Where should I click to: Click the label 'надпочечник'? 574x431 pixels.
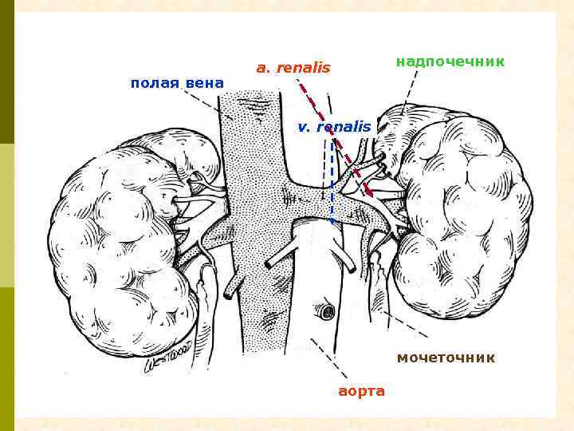[450, 61]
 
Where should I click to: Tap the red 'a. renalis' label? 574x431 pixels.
[293, 68]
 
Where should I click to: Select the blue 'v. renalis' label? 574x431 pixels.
[334, 127]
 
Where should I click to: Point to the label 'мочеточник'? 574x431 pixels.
[446, 358]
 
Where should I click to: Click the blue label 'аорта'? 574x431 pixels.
[361, 391]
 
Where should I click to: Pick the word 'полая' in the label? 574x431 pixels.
[155, 83]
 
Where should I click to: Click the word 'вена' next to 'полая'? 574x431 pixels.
[205, 83]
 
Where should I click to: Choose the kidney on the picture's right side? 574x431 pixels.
[462, 215]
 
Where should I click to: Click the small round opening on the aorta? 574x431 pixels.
[324, 310]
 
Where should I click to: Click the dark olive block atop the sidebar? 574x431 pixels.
[7, 72]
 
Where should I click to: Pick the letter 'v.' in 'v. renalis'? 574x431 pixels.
[303, 127]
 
